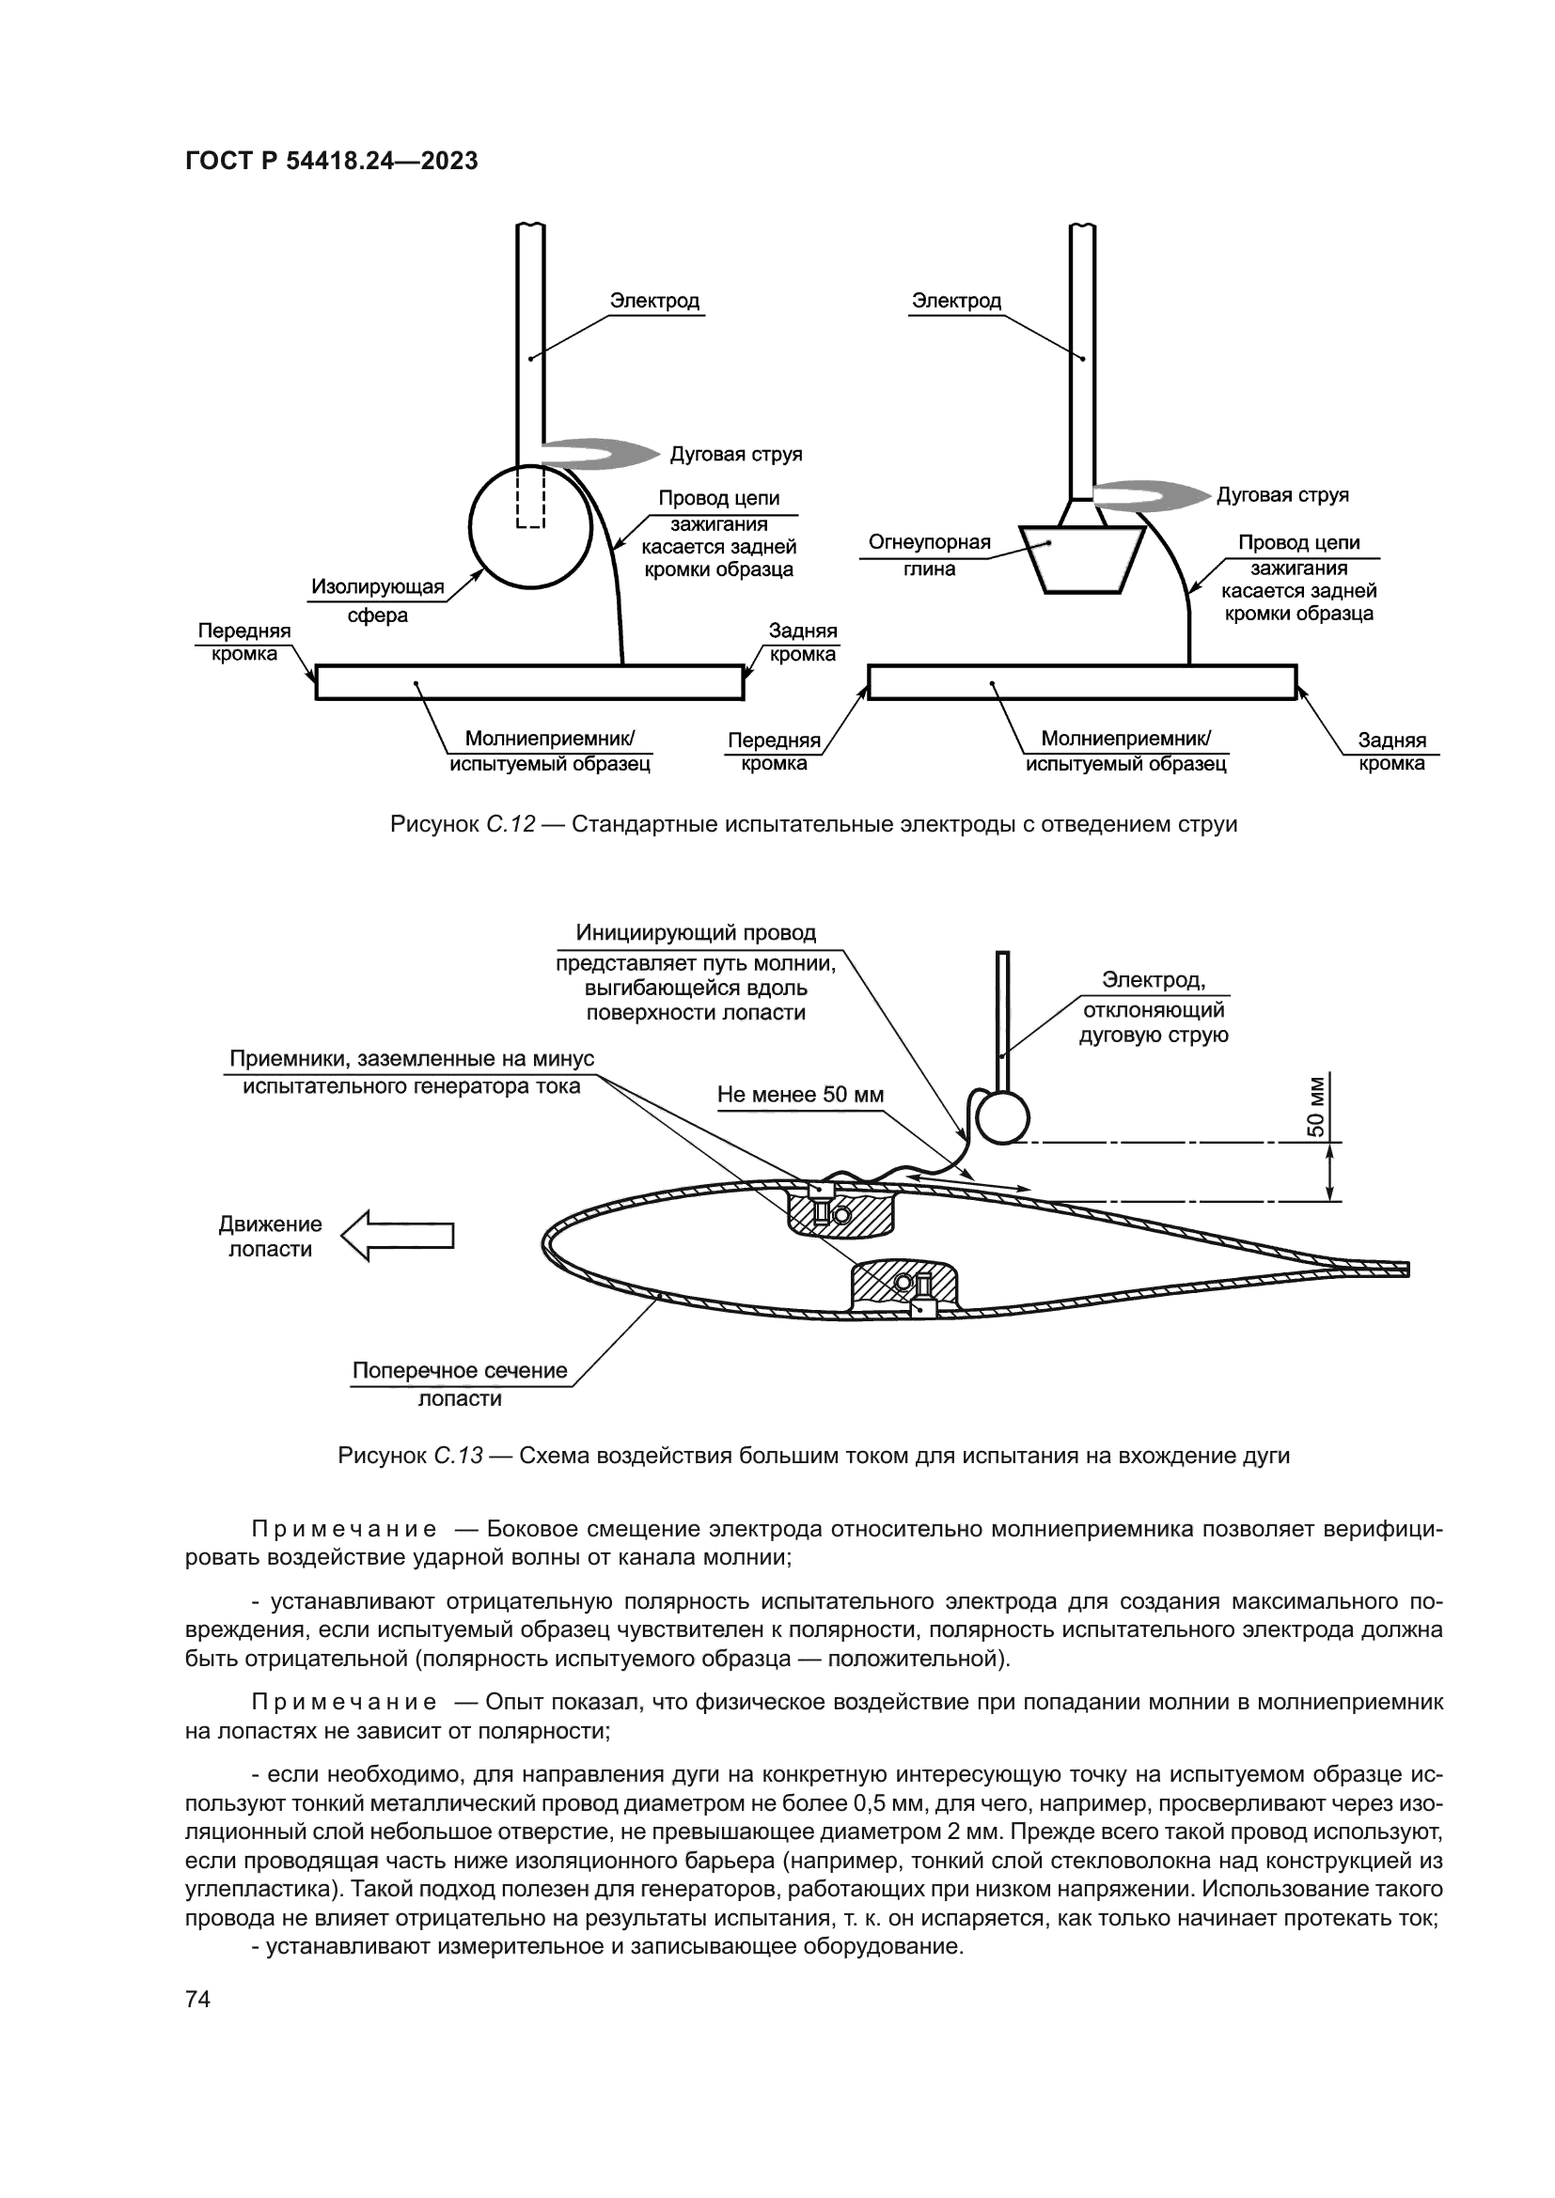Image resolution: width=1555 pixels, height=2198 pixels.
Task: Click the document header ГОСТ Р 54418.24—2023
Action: [x=331, y=161]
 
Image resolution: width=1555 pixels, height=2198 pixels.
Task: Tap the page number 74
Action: [x=197, y=1998]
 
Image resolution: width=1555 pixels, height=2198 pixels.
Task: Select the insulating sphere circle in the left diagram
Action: [x=530, y=525]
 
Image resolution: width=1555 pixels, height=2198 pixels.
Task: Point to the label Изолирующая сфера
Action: [x=378, y=600]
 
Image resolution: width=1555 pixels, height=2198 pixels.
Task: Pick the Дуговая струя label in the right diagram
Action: [x=1282, y=495]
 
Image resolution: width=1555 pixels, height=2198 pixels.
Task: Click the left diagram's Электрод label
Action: [x=655, y=301]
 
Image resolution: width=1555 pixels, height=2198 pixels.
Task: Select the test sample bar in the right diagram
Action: [x=1082, y=682]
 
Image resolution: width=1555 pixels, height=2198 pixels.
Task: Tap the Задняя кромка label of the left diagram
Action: [x=802, y=643]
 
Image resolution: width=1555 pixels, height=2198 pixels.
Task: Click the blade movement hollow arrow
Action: [x=398, y=1235]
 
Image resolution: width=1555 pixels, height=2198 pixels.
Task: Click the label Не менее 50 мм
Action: [x=800, y=1094]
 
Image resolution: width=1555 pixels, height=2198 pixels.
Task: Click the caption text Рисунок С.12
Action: [x=463, y=824]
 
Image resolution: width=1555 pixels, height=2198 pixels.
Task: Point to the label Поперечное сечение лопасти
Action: [x=460, y=1383]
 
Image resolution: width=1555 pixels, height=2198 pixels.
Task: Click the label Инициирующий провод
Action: [x=696, y=932]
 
